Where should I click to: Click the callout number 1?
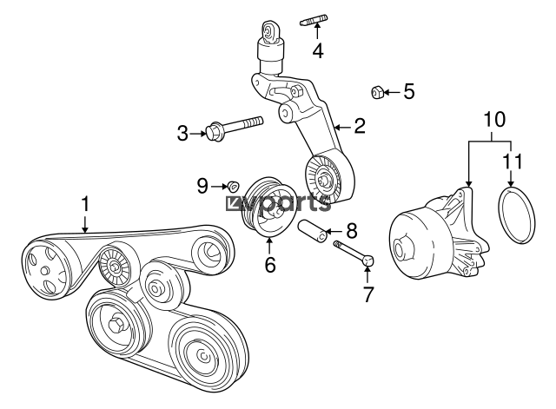85,204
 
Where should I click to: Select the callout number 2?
360,126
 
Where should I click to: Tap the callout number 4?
318,50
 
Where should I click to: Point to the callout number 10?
494,120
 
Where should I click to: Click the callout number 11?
513,162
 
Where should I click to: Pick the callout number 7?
368,294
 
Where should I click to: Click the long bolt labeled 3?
235,128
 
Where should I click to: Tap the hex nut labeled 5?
376,93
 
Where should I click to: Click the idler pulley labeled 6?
267,207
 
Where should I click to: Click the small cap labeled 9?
233,185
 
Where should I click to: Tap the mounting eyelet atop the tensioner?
270,33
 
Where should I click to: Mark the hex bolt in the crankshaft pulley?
116,324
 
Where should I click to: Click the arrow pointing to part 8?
334,232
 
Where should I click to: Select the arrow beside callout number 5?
392,93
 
